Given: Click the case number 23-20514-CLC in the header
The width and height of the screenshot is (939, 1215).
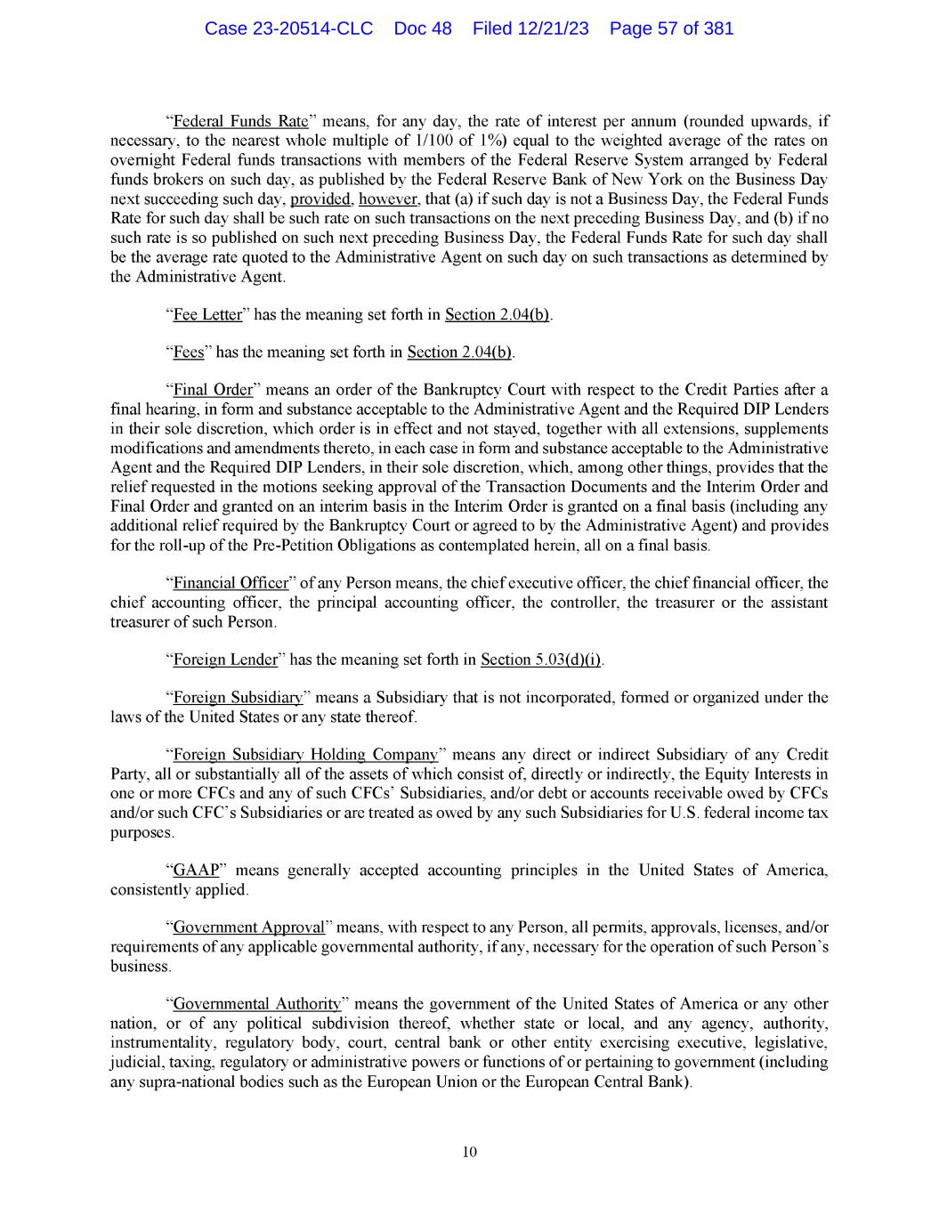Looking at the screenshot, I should [288, 28].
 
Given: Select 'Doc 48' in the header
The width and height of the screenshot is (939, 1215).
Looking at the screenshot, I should [422, 28].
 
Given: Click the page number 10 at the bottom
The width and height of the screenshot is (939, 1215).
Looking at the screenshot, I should [470, 1153].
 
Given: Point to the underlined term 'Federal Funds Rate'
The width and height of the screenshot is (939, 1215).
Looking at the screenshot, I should [240, 121].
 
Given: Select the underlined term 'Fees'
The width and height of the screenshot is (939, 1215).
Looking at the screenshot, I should [189, 352].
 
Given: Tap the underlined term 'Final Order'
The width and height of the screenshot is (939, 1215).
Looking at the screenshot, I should [213, 390].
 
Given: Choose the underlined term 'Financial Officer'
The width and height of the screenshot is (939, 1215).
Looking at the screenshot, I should [231, 584].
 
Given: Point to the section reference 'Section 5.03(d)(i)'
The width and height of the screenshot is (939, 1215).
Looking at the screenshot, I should [541, 660].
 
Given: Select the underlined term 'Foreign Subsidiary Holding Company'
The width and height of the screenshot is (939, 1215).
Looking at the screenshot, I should [305, 756].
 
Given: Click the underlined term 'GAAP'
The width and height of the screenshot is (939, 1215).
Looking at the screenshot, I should [197, 870].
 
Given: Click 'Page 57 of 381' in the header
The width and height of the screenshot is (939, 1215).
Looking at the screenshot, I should [671, 28].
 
